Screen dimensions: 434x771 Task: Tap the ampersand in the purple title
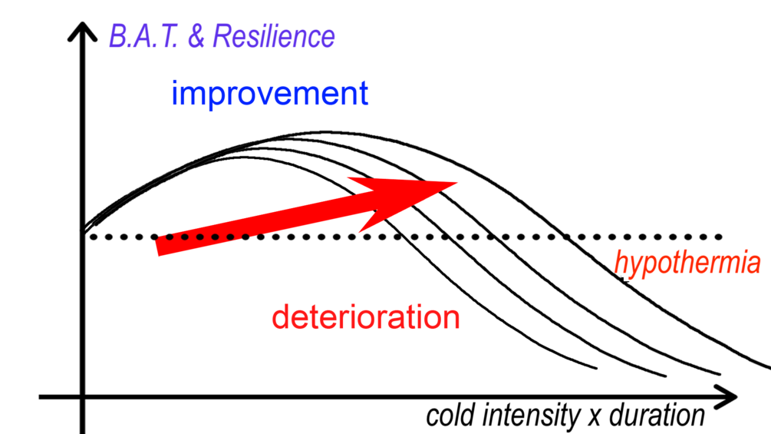[196, 36]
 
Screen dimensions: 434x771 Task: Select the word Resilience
[273, 36]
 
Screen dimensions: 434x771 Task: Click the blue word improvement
[270, 94]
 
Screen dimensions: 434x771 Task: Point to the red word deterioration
[366, 317]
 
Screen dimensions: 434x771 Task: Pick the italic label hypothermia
[687, 263]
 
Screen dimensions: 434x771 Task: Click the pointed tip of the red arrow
[457, 182]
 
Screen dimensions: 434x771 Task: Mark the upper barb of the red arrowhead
[349, 179]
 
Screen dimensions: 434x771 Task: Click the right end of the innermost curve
[596, 369]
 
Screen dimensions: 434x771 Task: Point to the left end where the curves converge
[83, 230]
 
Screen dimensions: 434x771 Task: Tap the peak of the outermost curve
[330, 131]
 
